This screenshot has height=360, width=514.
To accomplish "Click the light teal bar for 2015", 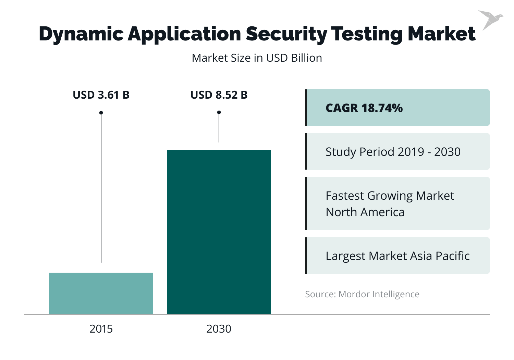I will (x=101, y=293).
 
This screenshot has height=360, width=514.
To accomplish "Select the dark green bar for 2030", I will (x=219, y=232).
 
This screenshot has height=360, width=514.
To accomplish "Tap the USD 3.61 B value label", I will (x=101, y=95).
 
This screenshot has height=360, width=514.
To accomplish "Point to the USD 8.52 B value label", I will (x=219, y=95).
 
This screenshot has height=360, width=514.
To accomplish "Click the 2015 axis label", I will (x=101, y=329).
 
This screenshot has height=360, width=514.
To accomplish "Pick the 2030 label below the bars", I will (x=219, y=329).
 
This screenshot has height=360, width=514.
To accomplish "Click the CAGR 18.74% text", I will (x=364, y=108).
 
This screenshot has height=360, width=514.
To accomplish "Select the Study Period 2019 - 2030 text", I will (x=393, y=152).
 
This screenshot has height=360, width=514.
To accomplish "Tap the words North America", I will (x=365, y=212).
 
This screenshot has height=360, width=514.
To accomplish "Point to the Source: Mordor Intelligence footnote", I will (x=362, y=294).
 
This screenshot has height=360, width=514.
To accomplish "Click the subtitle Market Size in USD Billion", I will (x=257, y=58).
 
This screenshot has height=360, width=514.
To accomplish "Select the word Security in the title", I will (x=286, y=34).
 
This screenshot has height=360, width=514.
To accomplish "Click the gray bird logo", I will (x=490, y=19).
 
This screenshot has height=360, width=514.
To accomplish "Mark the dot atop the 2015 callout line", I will (x=101, y=113).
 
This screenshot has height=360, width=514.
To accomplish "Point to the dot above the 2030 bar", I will (x=219, y=112).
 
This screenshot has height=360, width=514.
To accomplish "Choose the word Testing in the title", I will (x=367, y=34).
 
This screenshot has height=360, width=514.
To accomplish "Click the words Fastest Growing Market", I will (x=390, y=196).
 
